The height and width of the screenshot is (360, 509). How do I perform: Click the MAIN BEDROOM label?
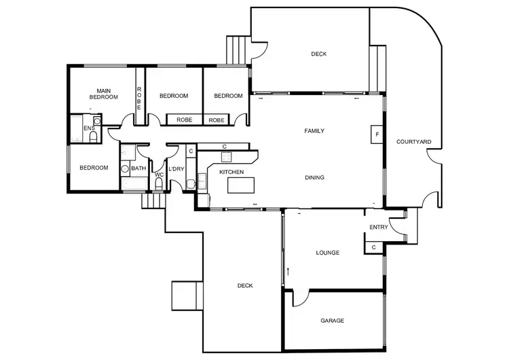103,94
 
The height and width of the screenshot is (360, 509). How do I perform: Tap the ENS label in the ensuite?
88,128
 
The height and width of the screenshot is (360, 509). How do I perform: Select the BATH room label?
138,168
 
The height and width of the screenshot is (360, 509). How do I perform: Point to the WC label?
159,175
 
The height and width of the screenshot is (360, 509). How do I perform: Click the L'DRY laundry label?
176,168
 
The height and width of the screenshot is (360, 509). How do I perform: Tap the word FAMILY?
314,131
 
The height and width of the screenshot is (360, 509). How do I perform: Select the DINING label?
314,178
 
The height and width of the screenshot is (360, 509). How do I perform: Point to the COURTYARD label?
413,142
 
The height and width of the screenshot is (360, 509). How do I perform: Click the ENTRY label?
379,227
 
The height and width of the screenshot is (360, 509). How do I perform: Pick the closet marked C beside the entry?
374,247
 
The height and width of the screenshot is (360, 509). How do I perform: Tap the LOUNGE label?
327,253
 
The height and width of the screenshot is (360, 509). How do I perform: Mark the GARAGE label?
332,321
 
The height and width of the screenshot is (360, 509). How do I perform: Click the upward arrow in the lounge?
288,271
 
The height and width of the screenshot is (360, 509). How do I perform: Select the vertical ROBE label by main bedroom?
139,99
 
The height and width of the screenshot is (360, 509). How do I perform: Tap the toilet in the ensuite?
92,137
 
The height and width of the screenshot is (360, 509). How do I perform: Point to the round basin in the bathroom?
125,169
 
